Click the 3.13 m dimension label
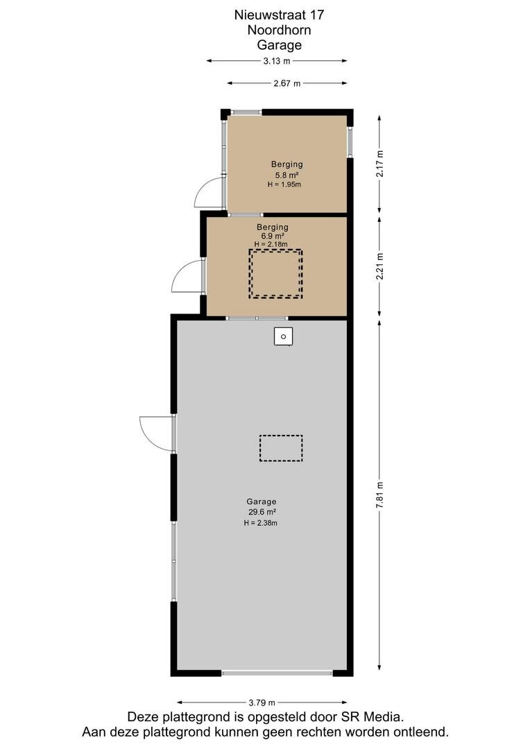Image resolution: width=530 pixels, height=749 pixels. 277,60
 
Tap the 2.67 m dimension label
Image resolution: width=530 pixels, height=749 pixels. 287,83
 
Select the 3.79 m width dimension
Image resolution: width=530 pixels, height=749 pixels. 262,702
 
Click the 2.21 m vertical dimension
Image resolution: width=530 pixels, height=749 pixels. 379,266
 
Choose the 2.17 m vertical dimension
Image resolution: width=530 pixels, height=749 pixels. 379,164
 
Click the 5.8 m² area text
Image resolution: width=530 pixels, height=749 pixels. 287,175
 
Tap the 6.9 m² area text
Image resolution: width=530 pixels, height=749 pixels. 273,236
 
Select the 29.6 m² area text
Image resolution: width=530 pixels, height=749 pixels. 262,512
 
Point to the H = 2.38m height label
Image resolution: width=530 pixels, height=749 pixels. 260,523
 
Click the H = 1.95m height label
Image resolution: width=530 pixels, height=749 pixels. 284,184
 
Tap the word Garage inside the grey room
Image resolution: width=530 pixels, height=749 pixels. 262,501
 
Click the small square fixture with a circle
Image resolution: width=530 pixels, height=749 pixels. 284,336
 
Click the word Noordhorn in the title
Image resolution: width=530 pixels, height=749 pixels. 279,30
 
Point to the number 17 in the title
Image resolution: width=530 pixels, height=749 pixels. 316,15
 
